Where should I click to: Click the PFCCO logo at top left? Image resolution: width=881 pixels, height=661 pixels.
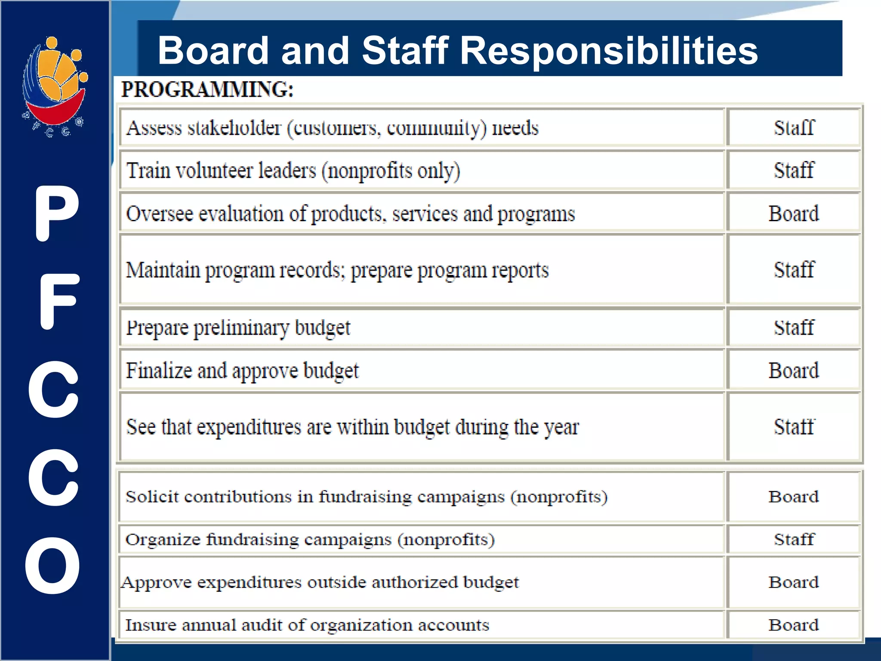[x=55, y=86]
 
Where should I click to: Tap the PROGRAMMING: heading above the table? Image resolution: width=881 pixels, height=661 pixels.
[x=207, y=90]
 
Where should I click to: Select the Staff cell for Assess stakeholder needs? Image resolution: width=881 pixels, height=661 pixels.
[x=794, y=128]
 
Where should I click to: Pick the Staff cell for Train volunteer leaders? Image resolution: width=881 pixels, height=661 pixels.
[x=794, y=170]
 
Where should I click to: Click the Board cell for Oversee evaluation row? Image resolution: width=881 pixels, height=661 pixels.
[x=794, y=213]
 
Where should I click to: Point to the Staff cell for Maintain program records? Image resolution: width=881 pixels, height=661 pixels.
[x=794, y=270]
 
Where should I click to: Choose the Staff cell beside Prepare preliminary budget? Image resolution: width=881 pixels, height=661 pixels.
[x=794, y=327]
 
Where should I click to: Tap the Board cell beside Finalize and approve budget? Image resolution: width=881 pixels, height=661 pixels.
[x=794, y=371]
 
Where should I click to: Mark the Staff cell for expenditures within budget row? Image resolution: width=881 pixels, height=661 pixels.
[x=794, y=427]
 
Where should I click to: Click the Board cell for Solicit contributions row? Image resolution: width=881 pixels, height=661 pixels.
[x=794, y=497]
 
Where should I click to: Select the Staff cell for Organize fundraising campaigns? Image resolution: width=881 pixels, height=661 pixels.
[x=794, y=539]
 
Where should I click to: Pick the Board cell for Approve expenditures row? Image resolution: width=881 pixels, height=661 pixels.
[x=794, y=582]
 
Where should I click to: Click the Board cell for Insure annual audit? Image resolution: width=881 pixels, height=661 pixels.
[x=794, y=625]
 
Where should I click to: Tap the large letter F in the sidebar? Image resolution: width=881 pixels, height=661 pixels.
[x=58, y=301]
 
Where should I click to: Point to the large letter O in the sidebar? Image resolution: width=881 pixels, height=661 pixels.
[x=52, y=565]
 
